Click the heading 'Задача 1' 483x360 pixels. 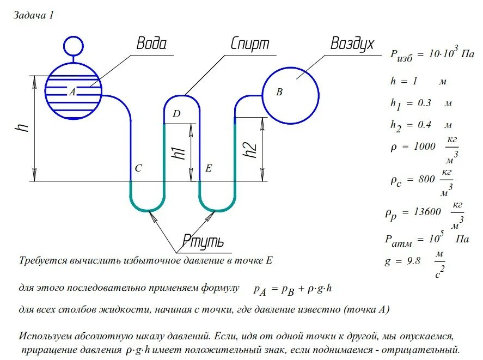point(34,15)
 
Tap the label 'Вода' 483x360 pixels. point(151,44)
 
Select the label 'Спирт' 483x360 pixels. point(250,44)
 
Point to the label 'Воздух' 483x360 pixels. point(352,44)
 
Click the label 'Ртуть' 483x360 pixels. point(203,241)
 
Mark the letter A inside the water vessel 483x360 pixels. point(71,92)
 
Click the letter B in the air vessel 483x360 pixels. point(279,92)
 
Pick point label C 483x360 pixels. point(138,169)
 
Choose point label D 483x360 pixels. point(176,114)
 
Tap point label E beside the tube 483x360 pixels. point(208,169)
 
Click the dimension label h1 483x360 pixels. point(179,153)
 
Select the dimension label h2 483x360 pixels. point(249,150)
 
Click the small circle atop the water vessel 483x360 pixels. point(71,46)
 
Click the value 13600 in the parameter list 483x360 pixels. point(423,212)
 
